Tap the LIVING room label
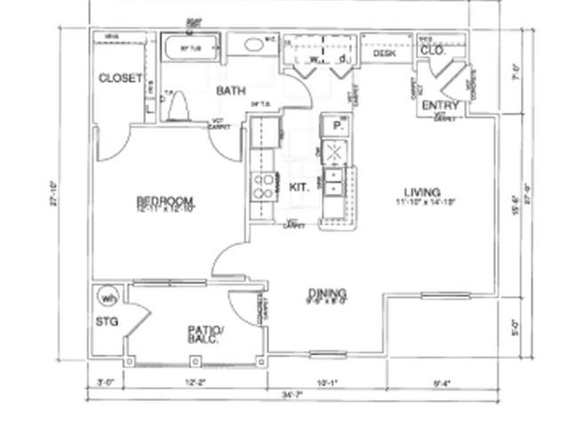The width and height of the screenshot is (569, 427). point(417,192)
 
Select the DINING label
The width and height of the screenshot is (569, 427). point(327,294)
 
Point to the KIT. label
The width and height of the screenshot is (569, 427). point(299,186)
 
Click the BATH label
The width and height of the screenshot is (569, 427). point(230,91)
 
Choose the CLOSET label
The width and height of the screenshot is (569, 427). point(120,78)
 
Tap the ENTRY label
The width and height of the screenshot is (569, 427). point(440,106)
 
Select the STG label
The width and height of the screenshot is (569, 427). point(107,322)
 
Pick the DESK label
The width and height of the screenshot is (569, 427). point(383,54)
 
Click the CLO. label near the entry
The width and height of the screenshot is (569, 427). point(432,51)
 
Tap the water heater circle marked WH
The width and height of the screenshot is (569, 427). point(107,297)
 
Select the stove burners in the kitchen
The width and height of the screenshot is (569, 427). point(264,185)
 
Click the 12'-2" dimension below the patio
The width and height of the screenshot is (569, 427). point(196,383)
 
